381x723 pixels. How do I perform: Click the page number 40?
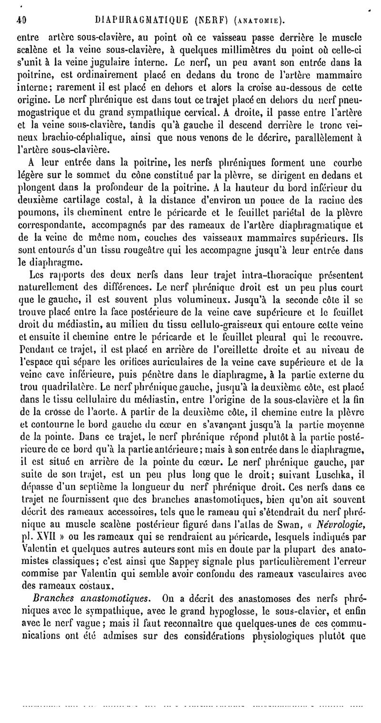[x=20, y=20]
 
